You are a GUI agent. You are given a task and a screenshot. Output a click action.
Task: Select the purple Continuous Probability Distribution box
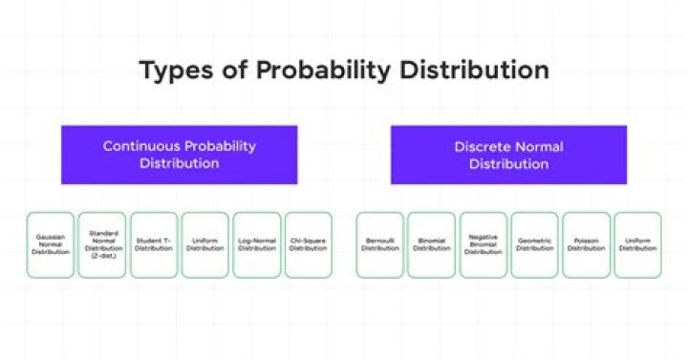[x=180, y=155]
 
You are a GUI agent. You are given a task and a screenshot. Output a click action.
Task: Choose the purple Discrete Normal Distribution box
[x=508, y=155]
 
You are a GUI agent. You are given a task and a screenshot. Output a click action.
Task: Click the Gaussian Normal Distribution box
[x=51, y=244]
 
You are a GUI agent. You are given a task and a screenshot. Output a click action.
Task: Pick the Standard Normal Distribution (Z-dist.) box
[x=102, y=244]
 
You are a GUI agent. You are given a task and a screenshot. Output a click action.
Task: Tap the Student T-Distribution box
[x=154, y=244]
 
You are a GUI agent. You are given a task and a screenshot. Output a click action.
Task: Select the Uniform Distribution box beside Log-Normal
[x=205, y=244]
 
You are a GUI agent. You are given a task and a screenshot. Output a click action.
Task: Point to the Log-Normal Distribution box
[x=257, y=244]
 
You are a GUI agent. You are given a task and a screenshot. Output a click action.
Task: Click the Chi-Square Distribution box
[x=308, y=244]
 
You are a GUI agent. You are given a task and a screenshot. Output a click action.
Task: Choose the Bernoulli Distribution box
[x=380, y=244]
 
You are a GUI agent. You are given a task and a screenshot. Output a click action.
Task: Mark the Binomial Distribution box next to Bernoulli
[x=432, y=244]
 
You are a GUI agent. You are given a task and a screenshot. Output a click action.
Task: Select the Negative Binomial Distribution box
[x=484, y=244]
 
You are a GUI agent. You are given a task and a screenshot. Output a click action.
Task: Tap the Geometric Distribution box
[x=535, y=244]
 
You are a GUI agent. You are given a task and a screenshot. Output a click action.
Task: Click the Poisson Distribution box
[x=587, y=244]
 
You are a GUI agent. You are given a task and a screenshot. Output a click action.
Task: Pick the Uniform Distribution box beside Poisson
[x=637, y=244]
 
